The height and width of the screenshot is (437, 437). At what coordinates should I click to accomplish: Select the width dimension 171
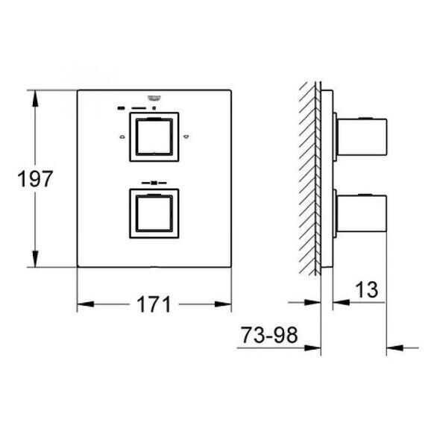click(x=154, y=304)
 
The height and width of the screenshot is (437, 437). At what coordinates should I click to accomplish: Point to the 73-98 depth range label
click(x=269, y=336)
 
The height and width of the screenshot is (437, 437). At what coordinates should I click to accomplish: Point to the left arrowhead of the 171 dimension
click(x=84, y=304)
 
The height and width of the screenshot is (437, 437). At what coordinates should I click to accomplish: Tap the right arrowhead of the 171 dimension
click(x=226, y=304)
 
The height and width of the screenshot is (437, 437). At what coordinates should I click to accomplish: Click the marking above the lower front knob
click(x=155, y=181)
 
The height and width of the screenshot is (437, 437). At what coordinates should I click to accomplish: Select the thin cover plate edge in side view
click(x=323, y=179)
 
